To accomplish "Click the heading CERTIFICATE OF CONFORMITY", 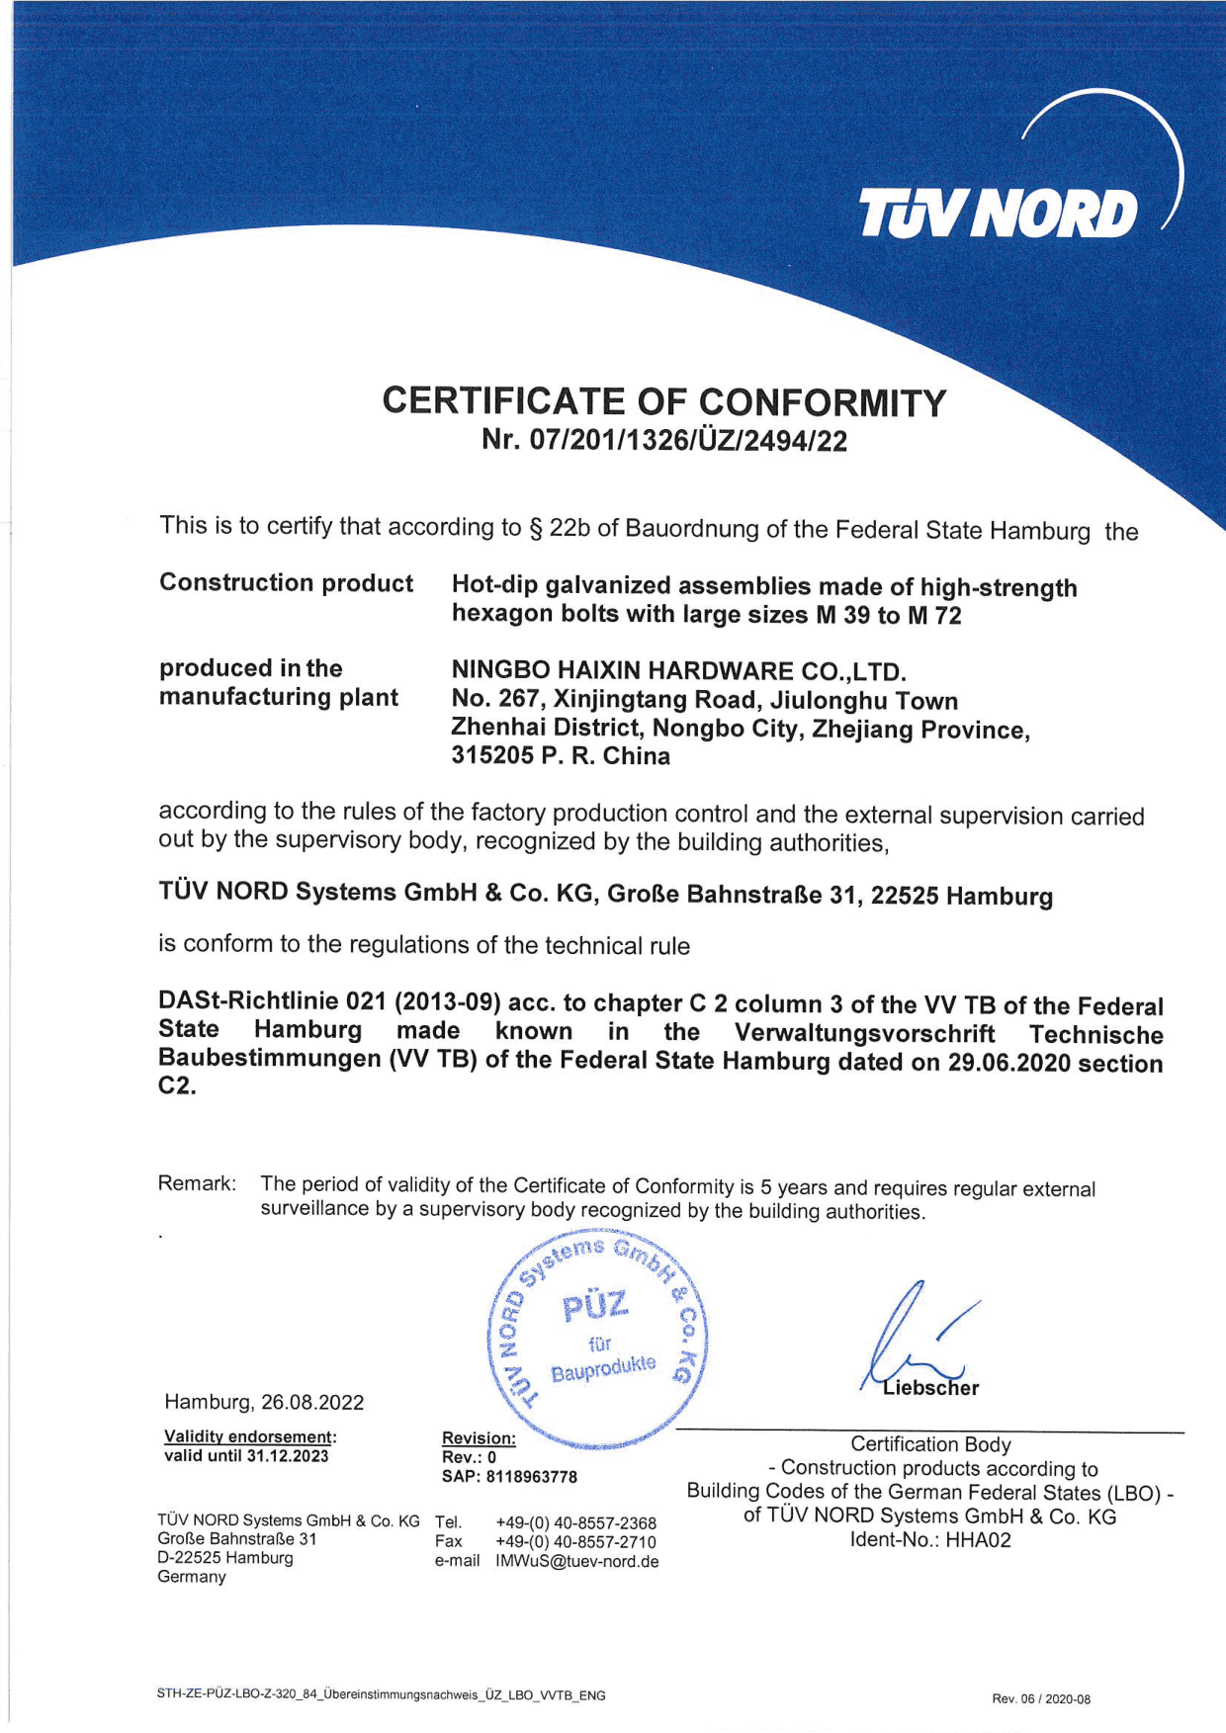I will (663, 402).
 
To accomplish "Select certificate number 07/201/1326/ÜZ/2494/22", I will (688, 441).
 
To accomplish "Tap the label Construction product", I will (286, 583).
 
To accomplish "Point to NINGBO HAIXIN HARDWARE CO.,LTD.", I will (678, 672).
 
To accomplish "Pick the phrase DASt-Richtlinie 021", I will (272, 1001).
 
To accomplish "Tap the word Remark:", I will (197, 1183).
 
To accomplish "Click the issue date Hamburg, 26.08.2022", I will (264, 1402).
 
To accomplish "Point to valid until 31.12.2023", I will (246, 1456).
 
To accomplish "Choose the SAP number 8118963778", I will (531, 1477).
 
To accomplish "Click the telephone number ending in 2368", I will (575, 1523).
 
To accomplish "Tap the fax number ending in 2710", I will (575, 1542).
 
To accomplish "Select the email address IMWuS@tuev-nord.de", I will (576, 1562).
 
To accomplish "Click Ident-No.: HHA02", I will (930, 1540).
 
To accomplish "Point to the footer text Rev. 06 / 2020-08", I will (1040, 1699).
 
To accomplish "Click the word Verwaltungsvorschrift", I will (864, 1033).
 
